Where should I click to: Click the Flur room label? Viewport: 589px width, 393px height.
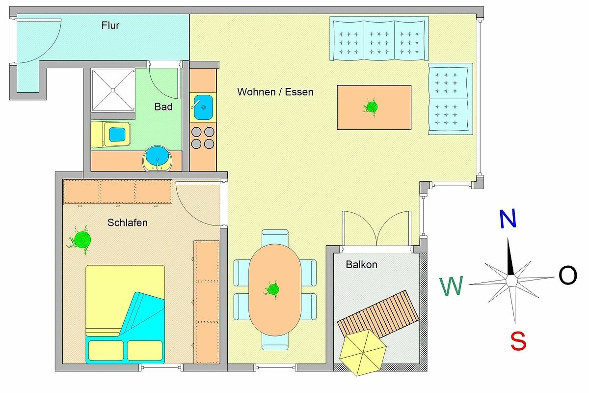[110, 26]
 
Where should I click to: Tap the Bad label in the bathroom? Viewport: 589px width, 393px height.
[163, 107]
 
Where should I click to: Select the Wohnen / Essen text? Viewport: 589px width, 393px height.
[275, 92]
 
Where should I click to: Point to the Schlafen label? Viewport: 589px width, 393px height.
[127, 223]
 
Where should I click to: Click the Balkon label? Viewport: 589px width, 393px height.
[362, 265]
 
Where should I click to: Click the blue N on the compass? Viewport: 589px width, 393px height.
[508, 219]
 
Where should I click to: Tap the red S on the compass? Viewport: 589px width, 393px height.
[518, 341]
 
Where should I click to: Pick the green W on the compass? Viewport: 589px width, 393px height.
[451, 286]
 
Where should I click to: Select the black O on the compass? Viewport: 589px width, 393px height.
[568, 275]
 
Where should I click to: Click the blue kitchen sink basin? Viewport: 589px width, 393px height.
[203, 107]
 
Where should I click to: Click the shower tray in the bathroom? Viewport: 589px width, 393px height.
[113, 90]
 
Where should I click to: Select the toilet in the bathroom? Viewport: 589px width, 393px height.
[111, 134]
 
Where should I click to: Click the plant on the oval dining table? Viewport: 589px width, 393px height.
[272, 289]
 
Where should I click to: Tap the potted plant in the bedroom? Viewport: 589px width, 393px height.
[81, 240]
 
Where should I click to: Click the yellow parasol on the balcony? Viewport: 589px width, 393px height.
[363, 352]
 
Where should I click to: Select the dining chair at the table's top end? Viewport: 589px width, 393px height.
[275, 237]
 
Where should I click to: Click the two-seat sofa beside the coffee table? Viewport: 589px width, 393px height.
[451, 99]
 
